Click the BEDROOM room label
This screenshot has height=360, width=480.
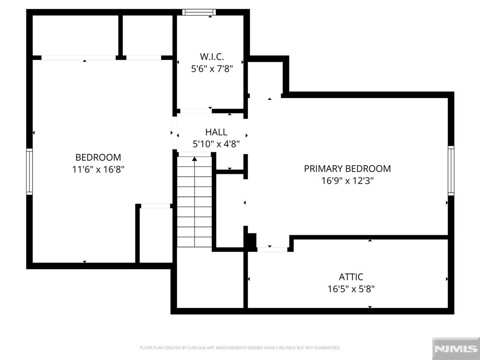98,157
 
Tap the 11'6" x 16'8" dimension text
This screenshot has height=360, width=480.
98,169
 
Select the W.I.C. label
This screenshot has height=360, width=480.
211,57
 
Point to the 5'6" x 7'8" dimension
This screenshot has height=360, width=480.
211,68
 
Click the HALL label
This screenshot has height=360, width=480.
216,132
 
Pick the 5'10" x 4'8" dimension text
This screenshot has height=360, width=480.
216,144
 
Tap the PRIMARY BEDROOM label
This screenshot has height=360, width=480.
347,169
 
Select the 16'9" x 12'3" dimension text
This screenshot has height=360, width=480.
347,180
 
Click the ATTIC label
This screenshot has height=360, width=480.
351,277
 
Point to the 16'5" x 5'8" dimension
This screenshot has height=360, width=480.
351,289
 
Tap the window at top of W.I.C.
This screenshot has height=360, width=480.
199,12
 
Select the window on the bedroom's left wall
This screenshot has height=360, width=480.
30,172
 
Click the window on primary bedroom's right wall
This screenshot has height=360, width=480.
451,171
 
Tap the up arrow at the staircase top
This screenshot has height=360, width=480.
195,159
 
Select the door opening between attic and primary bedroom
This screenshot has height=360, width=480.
272,249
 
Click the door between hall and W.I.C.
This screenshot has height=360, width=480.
195,111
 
